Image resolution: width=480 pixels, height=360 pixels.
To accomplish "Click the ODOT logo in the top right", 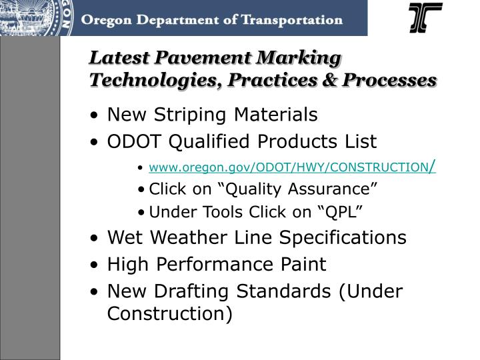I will [425, 18].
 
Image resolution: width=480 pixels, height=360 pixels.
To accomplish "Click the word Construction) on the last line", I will [170, 313].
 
